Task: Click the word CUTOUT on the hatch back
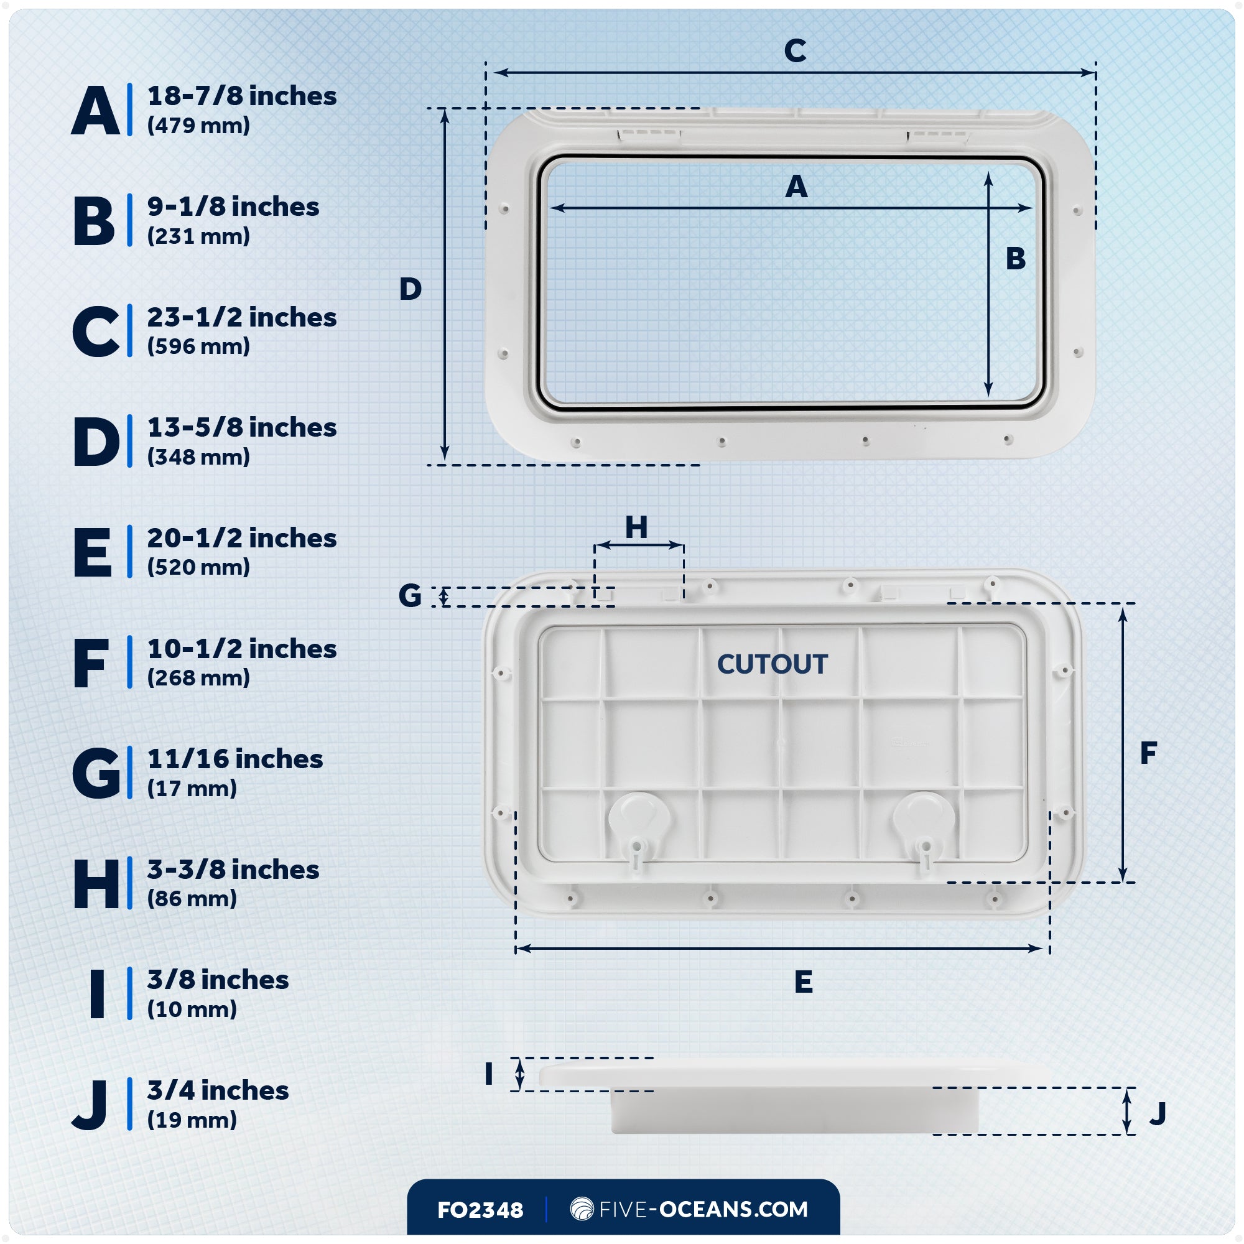pyautogui.click(x=772, y=664)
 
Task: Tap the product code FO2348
pyautogui.click(x=480, y=1210)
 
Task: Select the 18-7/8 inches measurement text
pyautogui.click(x=241, y=96)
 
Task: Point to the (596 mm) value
pyautogui.click(x=198, y=346)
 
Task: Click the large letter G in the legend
pyautogui.click(x=96, y=773)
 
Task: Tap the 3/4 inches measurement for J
pyautogui.click(x=218, y=1091)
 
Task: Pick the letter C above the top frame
pyautogui.click(x=794, y=51)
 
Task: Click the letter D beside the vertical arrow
pyautogui.click(x=410, y=289)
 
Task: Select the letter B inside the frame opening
pyautogui.click(x=1016, y=259)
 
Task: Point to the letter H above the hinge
pyautogui.click(x=636, y=527)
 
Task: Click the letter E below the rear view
pyautogui.click(x=803, y=982)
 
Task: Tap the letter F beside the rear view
pyautogui.click(x=1148, y=753)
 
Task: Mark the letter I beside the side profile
pyautogui.click(x=489, y=1074)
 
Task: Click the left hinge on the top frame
pyautogui.click(x=648, y=134)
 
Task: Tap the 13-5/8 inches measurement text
pyautogui.click(x=241, y=427)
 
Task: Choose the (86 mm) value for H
pyautogui.click(x=192, y=898)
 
